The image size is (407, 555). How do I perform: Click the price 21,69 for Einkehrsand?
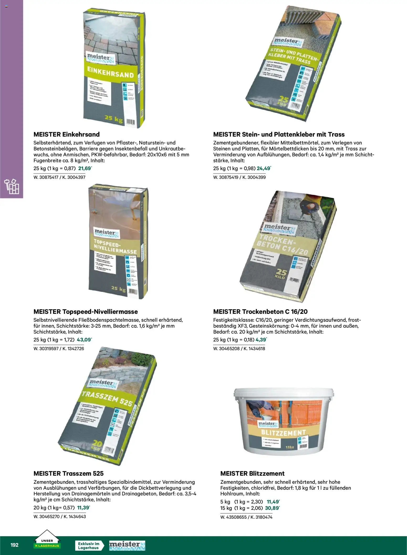[x=85, y=168]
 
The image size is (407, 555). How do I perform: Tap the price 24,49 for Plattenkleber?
[x=263, y=168]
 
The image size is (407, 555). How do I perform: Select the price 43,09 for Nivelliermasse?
[x=84, y=340]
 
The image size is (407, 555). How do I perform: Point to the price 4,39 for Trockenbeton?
[x=261, y=340]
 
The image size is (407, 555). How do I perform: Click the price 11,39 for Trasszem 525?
[x=83, y=508]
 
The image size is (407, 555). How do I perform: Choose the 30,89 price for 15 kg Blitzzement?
[x=272, y=508]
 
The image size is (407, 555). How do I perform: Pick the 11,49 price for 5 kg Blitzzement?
[x=273, y=502]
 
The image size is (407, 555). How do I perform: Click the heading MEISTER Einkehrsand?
[x=66, y=134]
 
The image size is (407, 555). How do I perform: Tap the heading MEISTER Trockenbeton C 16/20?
[x=260, y=312]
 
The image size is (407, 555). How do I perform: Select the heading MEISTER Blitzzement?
[x=252, y=474]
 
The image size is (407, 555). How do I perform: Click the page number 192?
[x=14, y=545]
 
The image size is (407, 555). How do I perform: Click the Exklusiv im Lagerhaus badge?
[x=89, y=546]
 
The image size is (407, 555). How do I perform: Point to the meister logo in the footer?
[x=127, y=545]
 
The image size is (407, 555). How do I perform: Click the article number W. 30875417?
[x=46, y=177]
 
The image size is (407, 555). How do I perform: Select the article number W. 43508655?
[x=233, y=517]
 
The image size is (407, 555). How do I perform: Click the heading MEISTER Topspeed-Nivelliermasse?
[x=86, y=312]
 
